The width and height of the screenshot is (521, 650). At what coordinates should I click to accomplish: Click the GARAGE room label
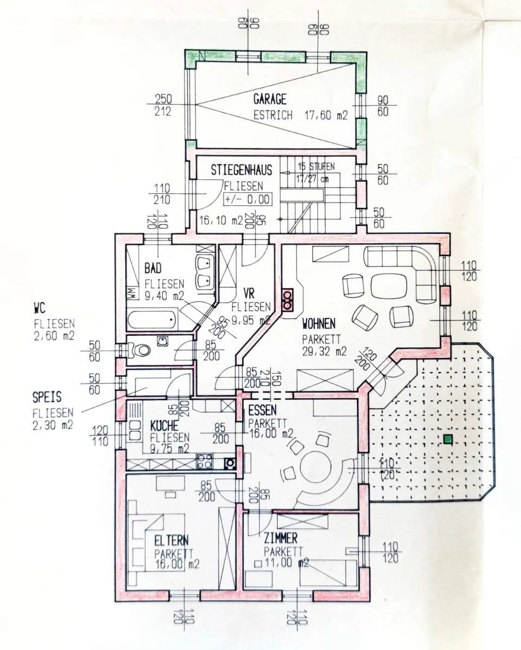[x=270, y=99]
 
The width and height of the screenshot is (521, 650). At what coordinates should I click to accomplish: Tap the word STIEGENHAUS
[x=242, y=170]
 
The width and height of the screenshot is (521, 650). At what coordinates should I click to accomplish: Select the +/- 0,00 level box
[x=247, y=200]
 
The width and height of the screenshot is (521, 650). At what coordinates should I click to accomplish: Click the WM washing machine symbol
[x=132, y=293]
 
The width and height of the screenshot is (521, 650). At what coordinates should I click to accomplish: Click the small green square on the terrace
[x=447, y=439]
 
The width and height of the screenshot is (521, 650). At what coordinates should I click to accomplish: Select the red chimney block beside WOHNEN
[x=288, y=299]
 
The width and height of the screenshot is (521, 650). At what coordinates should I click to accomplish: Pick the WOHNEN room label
[x=318, y=324]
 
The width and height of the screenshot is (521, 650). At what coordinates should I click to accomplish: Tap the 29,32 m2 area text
[x=324, y=352]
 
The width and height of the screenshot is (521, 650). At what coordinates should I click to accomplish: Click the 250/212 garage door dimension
[x=163, y=105]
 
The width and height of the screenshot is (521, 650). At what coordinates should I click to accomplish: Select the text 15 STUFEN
[x=316, y=166]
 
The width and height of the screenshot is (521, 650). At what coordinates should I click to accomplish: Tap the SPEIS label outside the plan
[x=47, y=397]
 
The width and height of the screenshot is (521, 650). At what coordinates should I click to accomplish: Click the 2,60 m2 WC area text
[x=54, y=336]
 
